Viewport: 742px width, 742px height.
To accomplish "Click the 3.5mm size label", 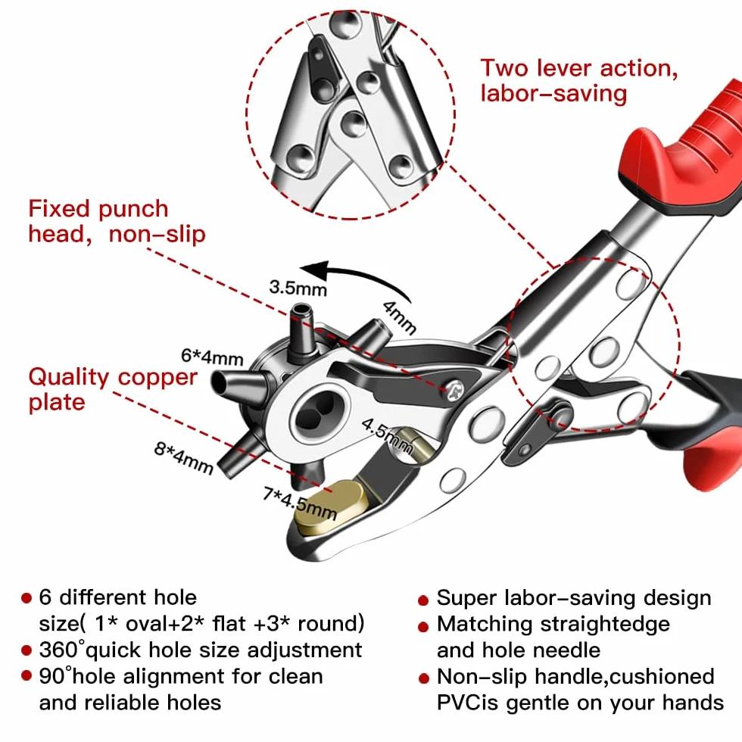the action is [x=298, y=287].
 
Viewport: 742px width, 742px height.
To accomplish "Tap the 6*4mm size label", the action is [x=212, y=357].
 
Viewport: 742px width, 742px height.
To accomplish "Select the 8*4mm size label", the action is [x=183, y=457].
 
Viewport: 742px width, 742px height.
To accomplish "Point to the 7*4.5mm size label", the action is [x=300, y=503].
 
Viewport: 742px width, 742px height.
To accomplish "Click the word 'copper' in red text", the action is [x=157, y=379].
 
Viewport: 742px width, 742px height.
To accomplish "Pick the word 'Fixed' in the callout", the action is [x=59, y=209].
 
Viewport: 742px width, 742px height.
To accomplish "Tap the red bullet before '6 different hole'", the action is [x=26, y=598].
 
